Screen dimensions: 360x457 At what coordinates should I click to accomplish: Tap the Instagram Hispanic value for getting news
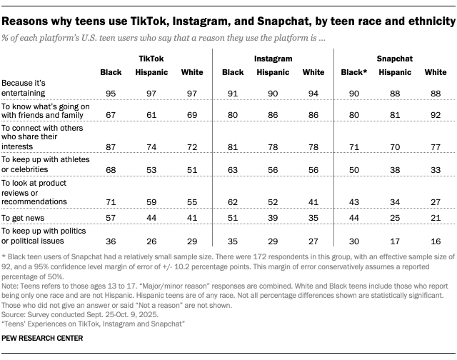click(x=273, y=216)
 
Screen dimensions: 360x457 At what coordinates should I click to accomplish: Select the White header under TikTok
click(x=191, y=72)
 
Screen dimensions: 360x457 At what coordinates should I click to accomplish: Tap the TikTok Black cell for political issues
click(x=110, y=241)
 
